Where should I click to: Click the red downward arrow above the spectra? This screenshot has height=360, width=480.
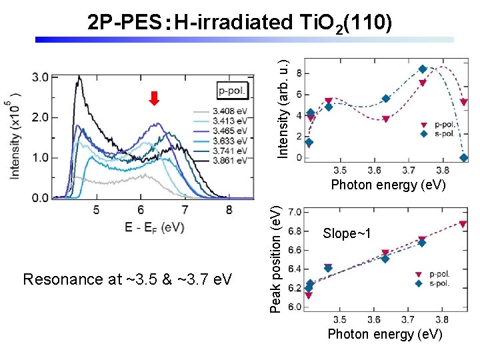point(154,99)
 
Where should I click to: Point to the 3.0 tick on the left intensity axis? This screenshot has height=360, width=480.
point(40,77)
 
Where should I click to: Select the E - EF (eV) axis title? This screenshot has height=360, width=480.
point(154,227)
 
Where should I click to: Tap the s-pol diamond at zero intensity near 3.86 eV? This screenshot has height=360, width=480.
point(464,158)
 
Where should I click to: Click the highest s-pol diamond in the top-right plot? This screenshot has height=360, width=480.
point(423,69)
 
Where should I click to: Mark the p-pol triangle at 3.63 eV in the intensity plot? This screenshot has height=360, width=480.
point(386,119)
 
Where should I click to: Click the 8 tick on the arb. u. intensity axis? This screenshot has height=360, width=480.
point(299,72)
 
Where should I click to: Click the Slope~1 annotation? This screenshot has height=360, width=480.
point(346,233)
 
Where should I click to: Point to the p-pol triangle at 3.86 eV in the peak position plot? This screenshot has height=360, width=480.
point(463,225)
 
